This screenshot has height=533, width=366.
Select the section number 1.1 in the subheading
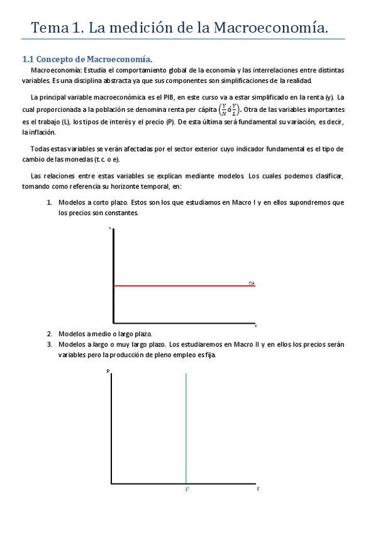click(28, 59)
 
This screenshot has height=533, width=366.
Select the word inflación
click(39, 133)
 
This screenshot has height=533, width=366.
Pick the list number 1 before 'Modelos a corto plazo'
click(49, 202)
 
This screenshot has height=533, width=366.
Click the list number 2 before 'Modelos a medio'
click(49, 334)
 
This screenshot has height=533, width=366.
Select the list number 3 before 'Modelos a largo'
click(49, 344)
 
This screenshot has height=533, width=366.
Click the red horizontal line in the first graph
click(182, 285)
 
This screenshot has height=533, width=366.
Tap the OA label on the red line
click(252, 283)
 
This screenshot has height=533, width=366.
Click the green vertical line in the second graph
click(186, 427)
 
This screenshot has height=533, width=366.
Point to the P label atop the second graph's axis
click(108, 371)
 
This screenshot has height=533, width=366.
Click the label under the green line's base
click(187, 489)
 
